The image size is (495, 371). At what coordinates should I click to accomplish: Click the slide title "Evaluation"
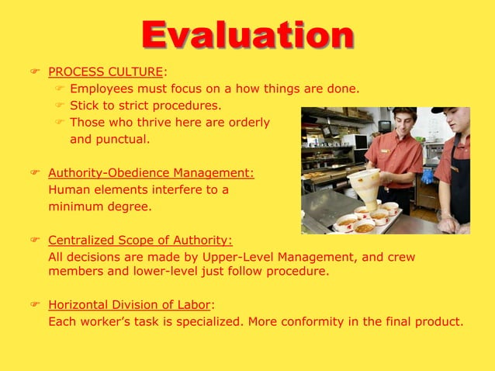(247, 34)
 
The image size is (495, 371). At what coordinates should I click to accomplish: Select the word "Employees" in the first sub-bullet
(99, 89)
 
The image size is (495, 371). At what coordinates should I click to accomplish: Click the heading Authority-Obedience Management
(151, 172)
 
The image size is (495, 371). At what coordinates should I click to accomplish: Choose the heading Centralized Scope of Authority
(140, 240)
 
